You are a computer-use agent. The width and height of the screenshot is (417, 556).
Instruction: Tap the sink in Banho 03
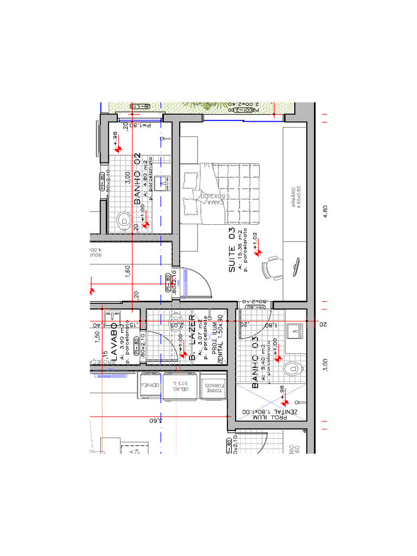(x=295, y=329)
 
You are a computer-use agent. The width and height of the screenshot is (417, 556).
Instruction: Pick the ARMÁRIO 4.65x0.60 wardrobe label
(x=296, y=203)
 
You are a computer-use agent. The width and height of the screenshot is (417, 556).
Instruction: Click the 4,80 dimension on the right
(x=325, y=211)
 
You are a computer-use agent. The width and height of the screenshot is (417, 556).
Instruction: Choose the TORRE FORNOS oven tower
(x=213, y=387)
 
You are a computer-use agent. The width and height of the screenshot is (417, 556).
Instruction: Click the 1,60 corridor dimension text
(x=128, y=271)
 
